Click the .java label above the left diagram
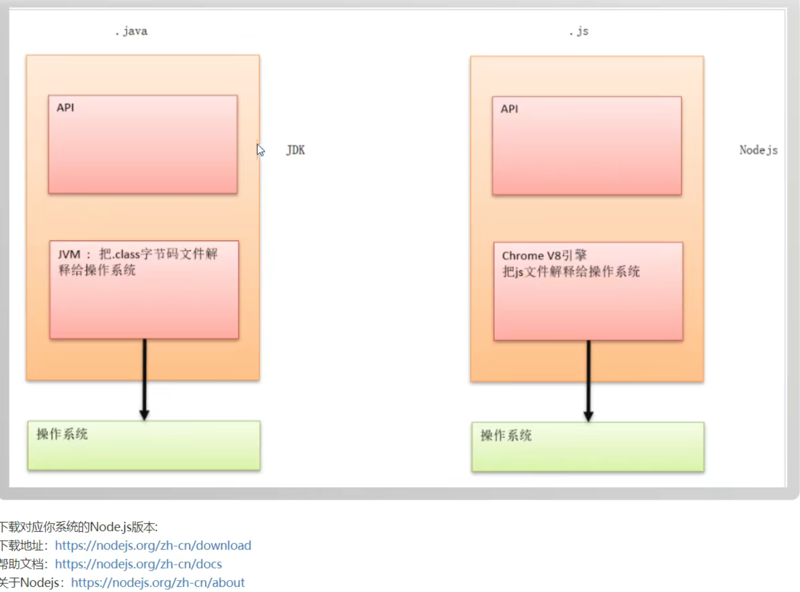tap(131, 31)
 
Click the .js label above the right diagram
tap(579, 31)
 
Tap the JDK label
tap(296, 150)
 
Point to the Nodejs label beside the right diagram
tap(758, 150)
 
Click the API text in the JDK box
tap(65, 108)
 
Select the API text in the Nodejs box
tap(509, 109)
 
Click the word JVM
tap(69, 254)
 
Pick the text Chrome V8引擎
tap(544, 256)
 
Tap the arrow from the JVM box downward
tap(144, 376)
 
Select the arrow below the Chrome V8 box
tap(588, 378)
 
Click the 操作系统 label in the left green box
tap(62, 434)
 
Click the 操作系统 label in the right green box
tap(506, 435)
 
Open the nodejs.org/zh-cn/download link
tap(153, 545)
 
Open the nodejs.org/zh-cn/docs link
tap(138, 564)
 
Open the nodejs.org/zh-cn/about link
tap(158, 582)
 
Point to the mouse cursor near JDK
tap(260, 150)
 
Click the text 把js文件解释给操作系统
tap(571, 271)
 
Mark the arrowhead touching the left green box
tap(144, 415)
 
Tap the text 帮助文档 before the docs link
tap(22, 564)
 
